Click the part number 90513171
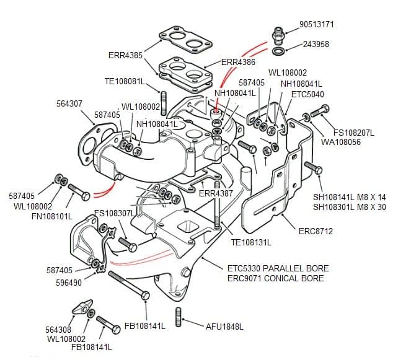click(316, 24)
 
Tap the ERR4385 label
click(125, 55)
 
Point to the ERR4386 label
click(238, 62)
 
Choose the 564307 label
click(69, 103)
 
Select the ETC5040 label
click(307, 94)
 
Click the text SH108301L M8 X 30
click(349, 207)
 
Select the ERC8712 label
click(316, 231)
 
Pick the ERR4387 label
click(216, 193)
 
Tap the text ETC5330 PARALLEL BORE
click(278, 268)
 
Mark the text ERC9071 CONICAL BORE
click(275, 278)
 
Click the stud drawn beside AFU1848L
click(179, 316)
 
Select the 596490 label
click(68, 283)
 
